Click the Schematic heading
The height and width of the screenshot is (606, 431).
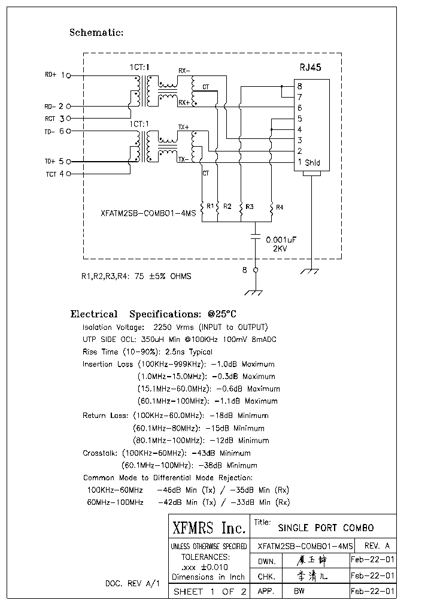[x=96, y=33]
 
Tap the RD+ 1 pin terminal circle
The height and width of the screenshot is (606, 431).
[x=68, y=76]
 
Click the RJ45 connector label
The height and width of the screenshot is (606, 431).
[x=310, y=68]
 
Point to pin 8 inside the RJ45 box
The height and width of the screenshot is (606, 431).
[x=299, y=87]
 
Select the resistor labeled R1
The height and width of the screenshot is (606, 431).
[x=203, y=207]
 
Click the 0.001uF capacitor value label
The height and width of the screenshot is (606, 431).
[x=281, y=240]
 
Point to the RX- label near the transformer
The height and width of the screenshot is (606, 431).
[x=184, y=71]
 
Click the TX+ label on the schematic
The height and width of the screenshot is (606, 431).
[x=183, y=128]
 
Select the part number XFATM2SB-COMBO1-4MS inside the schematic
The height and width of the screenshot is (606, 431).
[x=148, y=213]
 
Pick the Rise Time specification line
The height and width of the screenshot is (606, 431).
[x=147, y=352]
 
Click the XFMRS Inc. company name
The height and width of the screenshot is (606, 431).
[x=209, y=528]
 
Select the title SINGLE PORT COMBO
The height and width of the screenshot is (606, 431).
[x=326, y=528]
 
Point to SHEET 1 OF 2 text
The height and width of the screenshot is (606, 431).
[x=210, y=592]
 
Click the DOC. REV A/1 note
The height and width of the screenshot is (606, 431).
[x=132, y=583]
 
